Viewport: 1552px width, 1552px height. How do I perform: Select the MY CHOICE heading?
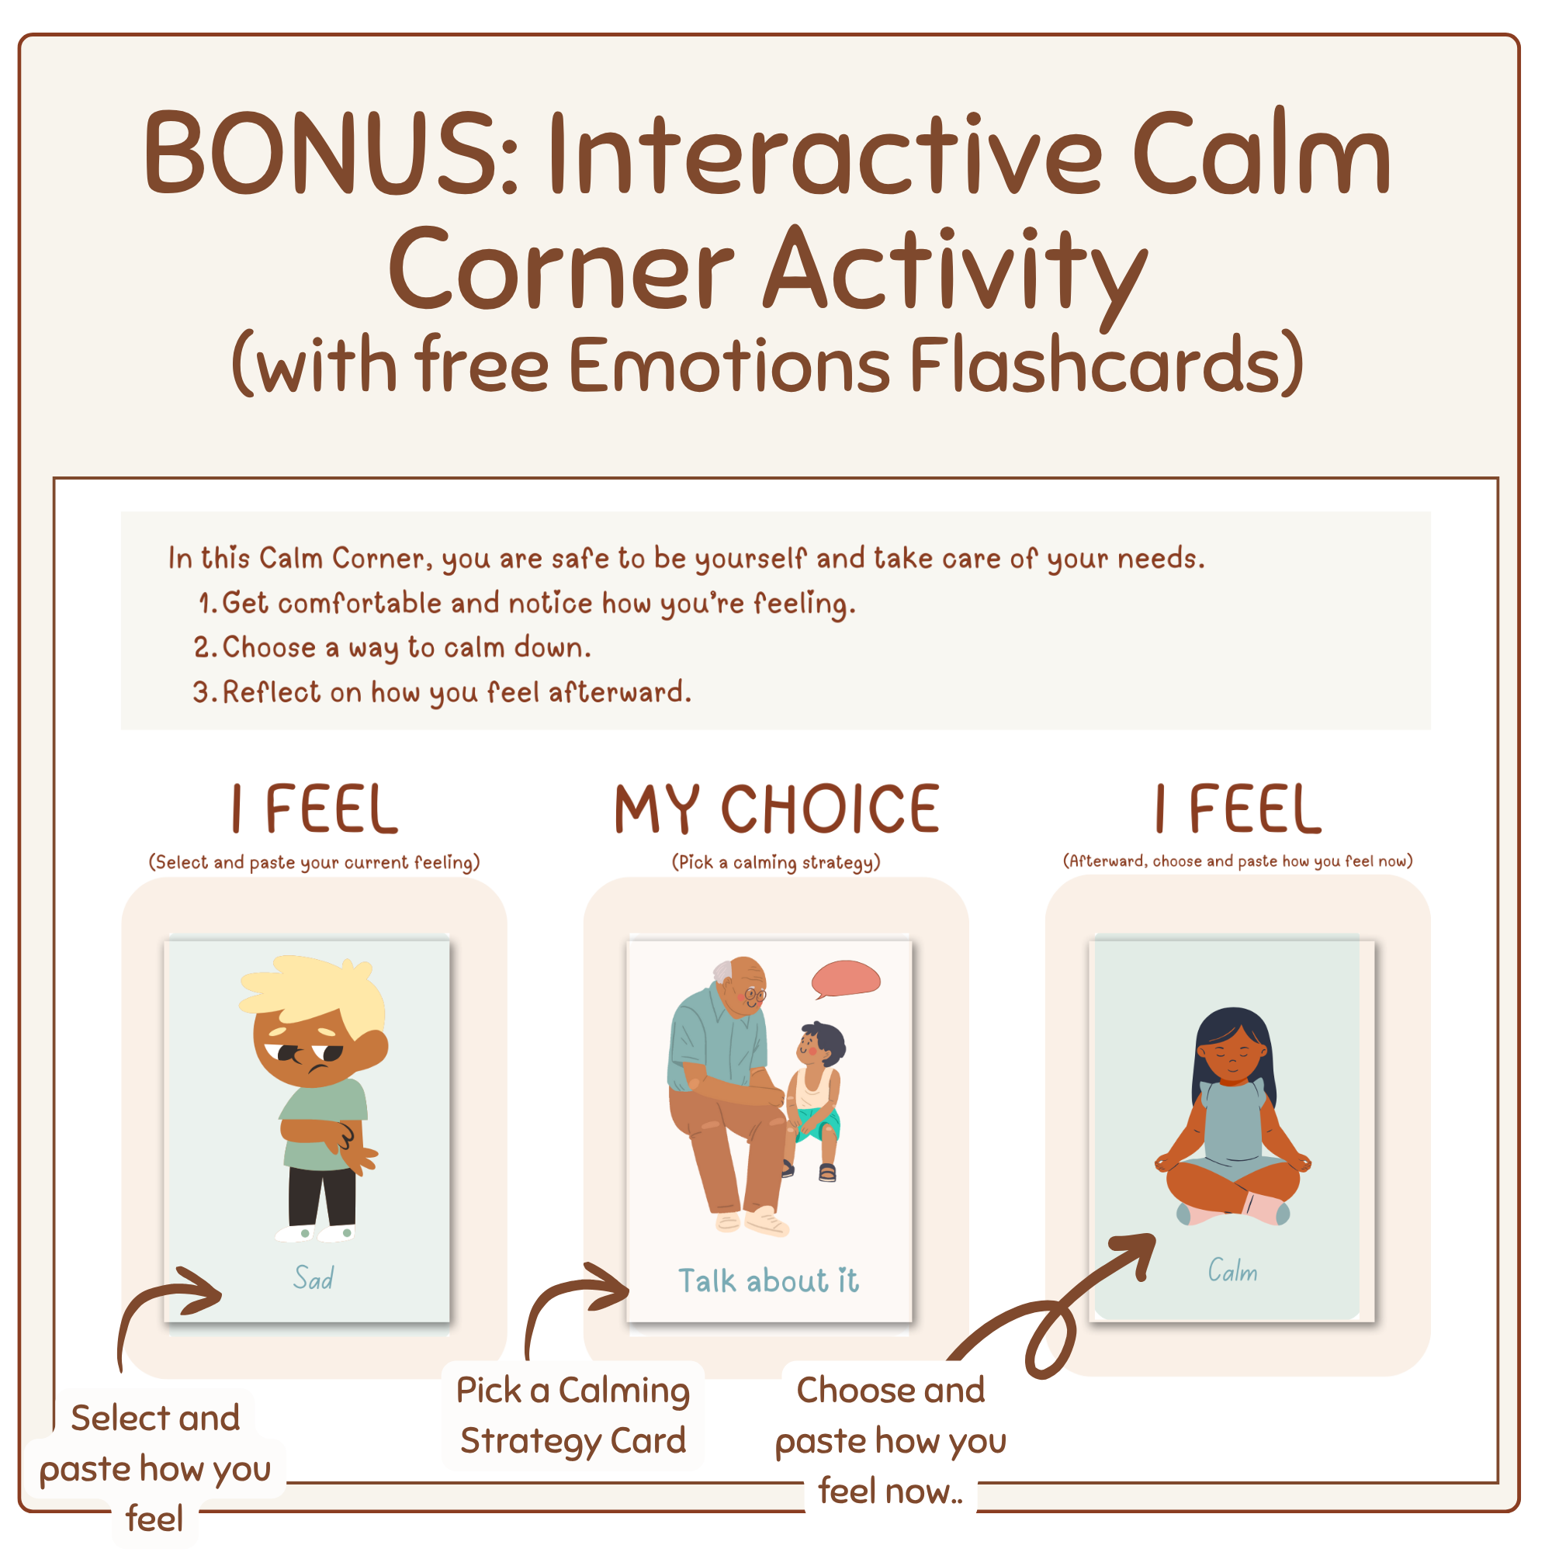(776, 809)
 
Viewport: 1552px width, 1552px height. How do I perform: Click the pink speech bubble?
(846, 978)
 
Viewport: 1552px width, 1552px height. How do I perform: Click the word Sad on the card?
(314, 1278)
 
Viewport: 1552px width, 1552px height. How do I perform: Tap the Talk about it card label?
(769, 1280)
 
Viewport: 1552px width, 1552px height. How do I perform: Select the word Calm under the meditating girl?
(1232, 1271)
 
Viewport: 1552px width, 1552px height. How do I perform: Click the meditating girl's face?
(1231, 1058)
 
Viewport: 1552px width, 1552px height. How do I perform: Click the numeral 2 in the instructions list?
(202, 647)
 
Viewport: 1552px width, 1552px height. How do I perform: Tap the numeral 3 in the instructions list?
(201, 692)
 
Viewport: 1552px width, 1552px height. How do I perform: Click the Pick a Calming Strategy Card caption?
(573, 1415)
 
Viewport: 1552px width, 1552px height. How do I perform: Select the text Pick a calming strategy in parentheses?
(776, 862)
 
